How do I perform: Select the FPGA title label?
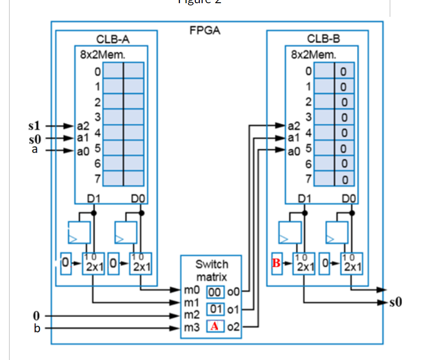[x=204, y=31]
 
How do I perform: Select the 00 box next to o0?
[x=216, y=291]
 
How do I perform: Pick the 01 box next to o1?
[x=216, y=309]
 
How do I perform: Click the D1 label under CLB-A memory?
[x=94, y=198]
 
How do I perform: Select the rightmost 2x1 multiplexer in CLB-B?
[x=352, y=263]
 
